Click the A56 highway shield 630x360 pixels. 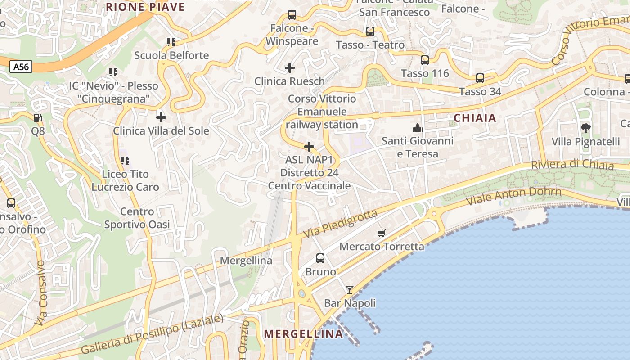pyautogui.click(x=21, y=67)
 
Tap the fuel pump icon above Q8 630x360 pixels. pyautogui.click(x=38, y=118)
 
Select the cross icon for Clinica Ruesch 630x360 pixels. pyautogui.click(x=290, y=68)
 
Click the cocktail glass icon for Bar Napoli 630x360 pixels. pyautogui.click(x=350, y=289)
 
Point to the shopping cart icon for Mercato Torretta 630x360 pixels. pyautogui.click(x=382, y=233)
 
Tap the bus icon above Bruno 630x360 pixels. pyautogui.click(x=320, y=258)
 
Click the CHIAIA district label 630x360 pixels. pyautogui.click(x=475, y=118)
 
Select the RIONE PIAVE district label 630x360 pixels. pyautogui.click(x=145, y=7)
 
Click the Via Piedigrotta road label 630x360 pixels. pyautogui.click(x=340, y=224)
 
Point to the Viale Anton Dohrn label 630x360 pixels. pyautogui.click(x=514, y=196)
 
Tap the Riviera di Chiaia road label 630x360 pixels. pyautogui.click(x=572, y=164)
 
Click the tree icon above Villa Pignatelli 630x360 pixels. pyautogui.click(x=585, y=128)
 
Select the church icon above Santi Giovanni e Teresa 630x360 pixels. pyautogui.click(x=418, y=128)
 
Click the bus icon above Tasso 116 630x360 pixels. pyautogui.click(x=425, y=60)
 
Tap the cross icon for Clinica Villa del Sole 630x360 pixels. pyautogui.click(x=161, y=117)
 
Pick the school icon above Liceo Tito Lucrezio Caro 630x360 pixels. pyautogui.click(x=125, y=160)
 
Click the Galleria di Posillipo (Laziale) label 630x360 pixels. pyautogui.click(x=152, y=334)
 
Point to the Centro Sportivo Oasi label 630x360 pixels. pyautogui.click(x=137, y=218)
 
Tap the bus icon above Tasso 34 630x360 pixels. pyautogui.click(x=480, y=78)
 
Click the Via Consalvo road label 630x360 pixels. pyautogui.click(x=40, y=292)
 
